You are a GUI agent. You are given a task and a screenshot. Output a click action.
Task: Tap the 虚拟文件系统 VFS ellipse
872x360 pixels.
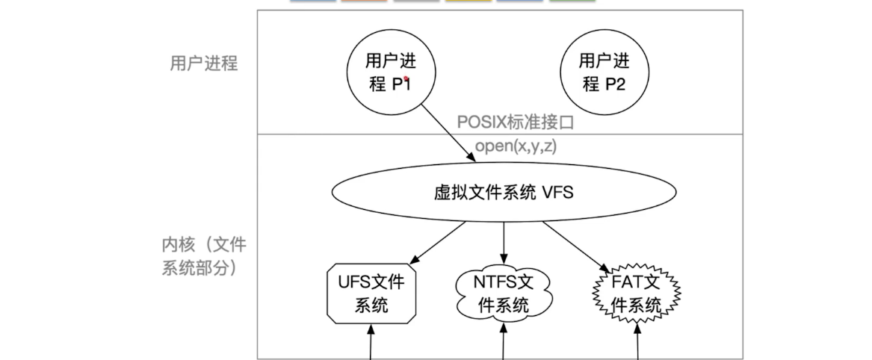point(503,191)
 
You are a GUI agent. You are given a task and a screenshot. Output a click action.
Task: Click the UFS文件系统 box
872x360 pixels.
point(371,293)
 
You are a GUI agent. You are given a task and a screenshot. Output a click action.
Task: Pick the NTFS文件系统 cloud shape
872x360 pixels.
point(503,293)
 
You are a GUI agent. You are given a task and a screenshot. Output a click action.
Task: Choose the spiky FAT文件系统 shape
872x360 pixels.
point(636,293)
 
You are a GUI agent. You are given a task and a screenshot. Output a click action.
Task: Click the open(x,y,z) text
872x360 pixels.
point(516,146)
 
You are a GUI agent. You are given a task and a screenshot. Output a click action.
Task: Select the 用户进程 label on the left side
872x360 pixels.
point(203,63)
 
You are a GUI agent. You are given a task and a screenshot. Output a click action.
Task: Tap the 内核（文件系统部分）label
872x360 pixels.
point(203,255)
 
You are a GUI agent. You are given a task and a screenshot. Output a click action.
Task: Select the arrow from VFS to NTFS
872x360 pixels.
point(503,242)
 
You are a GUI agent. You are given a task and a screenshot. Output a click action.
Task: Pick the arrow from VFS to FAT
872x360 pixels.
point(576,246)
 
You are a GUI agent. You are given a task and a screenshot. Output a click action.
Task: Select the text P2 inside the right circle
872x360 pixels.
point(614,84)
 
